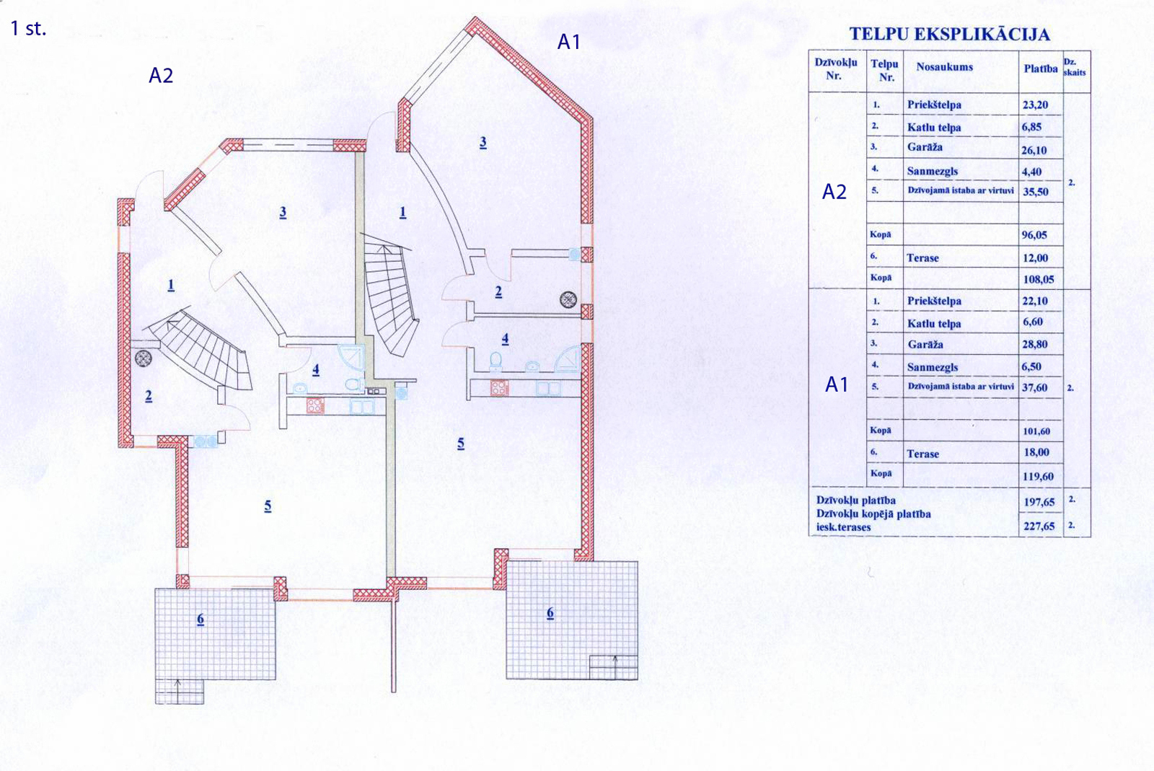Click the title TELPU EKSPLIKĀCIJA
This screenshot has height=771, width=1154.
tap(949, 34)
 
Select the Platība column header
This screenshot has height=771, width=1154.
tap(1041, 69)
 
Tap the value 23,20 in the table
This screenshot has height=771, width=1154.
tap(1036, 105)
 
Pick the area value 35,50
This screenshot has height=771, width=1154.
tap(1036, 192)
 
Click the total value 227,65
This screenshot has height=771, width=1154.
tap(1039, 527)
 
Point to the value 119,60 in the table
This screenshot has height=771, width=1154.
tap(1038, 477)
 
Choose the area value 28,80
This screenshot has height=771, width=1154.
tap(1035, 344)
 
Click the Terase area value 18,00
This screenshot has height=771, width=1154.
tap(1036, 452)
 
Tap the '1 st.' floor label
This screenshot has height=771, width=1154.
tap(28, 29)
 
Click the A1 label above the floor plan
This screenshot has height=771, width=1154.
tap(569, 43)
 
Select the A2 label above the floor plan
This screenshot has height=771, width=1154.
tap(161, 76)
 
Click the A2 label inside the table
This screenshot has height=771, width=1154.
tap(834, 192)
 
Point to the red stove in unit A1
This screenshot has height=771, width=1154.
tap(499, 387)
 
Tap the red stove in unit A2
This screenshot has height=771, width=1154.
tap(315, 406)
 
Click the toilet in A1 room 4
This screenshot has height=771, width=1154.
tap(495, 361)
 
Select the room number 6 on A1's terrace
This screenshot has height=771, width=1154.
tap(550, 613)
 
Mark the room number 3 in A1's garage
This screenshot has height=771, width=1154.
tap(483, 142)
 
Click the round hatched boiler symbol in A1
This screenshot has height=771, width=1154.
tap(568, 300)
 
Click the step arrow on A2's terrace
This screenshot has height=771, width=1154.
tap(178, 691)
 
